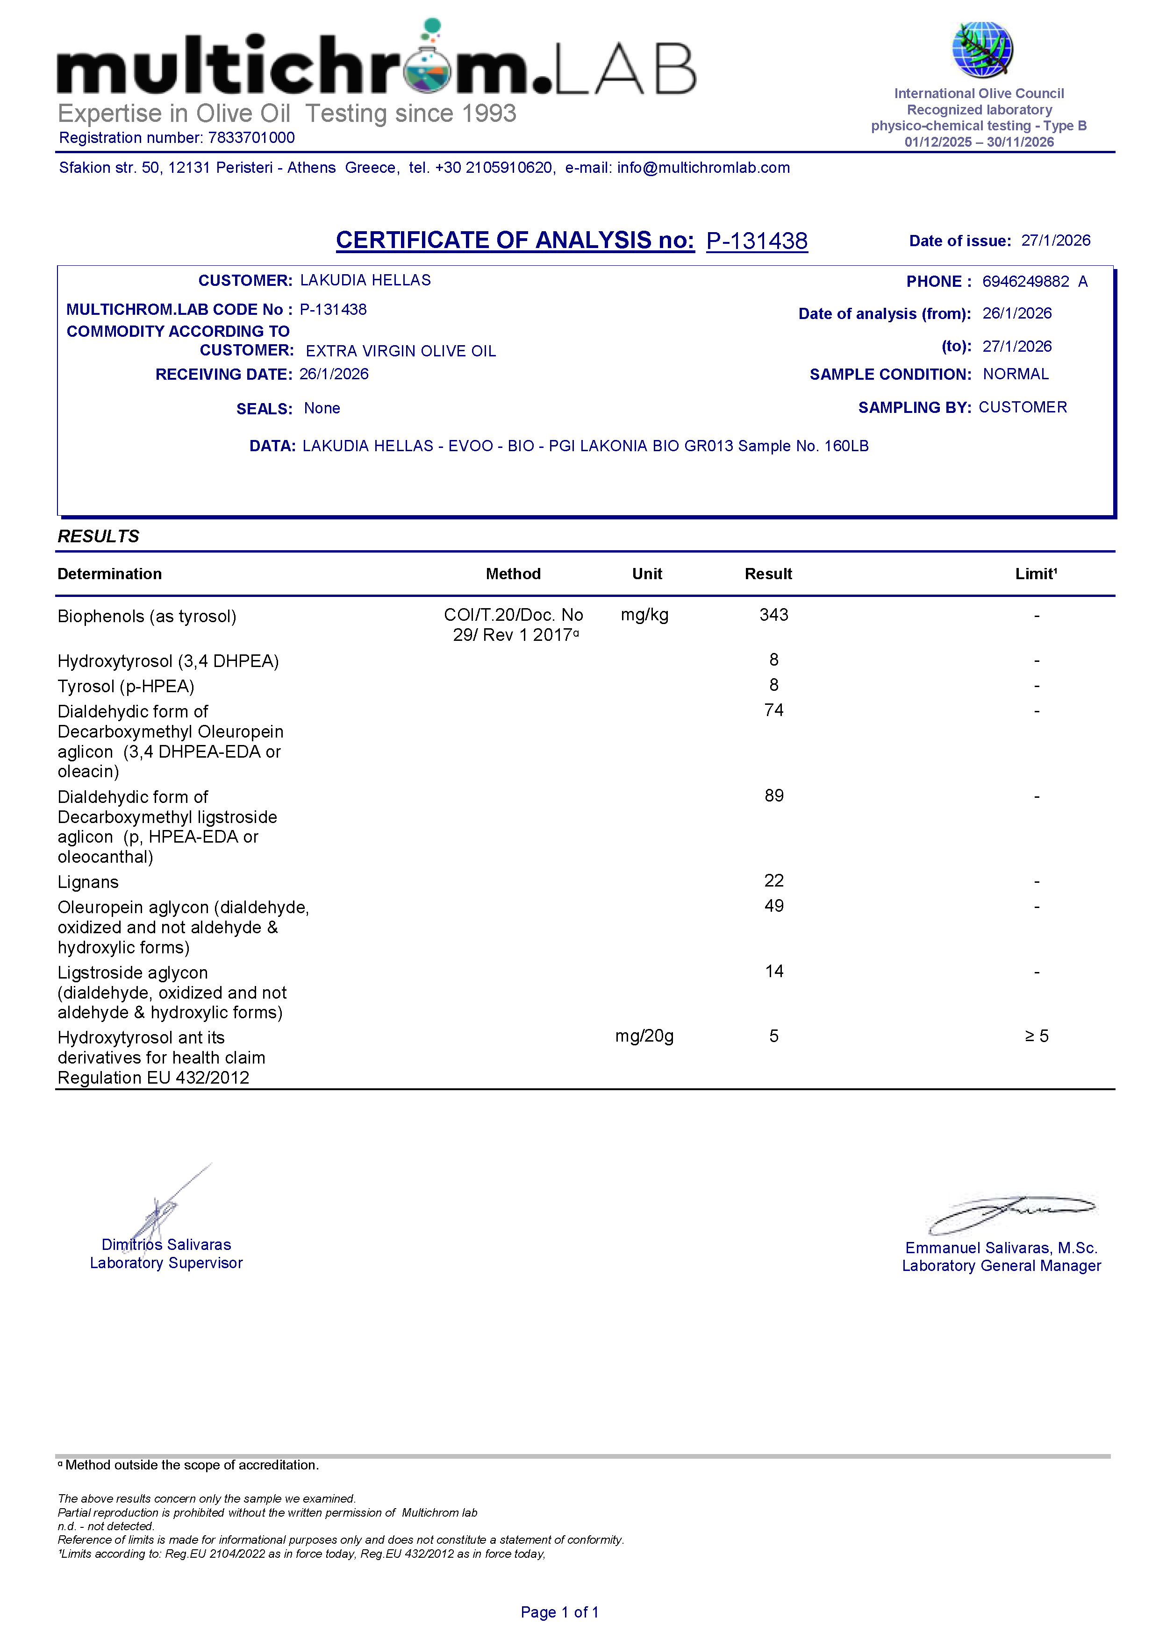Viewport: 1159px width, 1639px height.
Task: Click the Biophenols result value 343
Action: (773, 615)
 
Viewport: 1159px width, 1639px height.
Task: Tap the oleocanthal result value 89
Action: (773, 795)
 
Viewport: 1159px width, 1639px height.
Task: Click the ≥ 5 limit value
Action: (1036, 1036)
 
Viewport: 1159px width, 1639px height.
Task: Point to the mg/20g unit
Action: (644, 1036)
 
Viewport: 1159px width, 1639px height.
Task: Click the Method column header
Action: (513, 574)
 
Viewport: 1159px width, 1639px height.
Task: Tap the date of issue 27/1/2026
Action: (1055, 241)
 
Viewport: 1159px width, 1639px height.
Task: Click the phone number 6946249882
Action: (1025, 281)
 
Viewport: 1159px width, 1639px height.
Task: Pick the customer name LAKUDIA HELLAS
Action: (365, 280)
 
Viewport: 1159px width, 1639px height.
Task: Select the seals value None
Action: (322, 408)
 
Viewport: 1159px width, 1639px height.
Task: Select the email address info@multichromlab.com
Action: (703, 168)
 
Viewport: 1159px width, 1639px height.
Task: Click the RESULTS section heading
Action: (99, 536)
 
